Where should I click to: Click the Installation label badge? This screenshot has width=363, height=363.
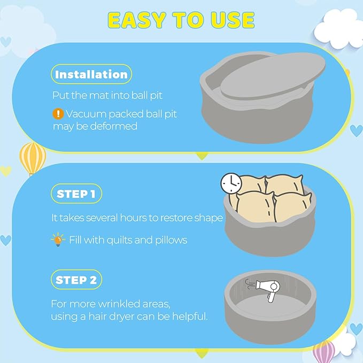click(x=91, y=74)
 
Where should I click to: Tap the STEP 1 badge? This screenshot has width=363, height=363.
click(x=76, y=194)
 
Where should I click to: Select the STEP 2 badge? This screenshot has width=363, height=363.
click(x=76, y=280)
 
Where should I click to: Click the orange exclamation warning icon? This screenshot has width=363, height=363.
click(x=58, y=114)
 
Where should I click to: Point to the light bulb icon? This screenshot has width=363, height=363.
click(x=58, y=240)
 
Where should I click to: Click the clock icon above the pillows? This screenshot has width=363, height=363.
click(x=231, y=183)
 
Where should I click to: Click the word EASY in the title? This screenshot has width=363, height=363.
click(x=137, y=20)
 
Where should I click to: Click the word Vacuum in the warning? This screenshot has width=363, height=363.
click(x=86, y=114)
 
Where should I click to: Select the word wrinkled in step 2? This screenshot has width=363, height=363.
click(x=119, y=304)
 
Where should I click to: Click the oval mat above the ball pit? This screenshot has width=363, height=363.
click(x=273, y=76)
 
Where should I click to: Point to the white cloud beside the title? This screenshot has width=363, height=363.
click(x=338, y=28)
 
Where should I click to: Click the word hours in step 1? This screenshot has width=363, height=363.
click(x=133, y=218)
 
